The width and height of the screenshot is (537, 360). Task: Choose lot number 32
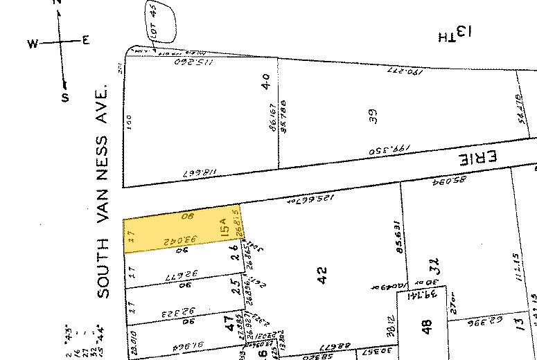pyautogui.click(x=435, y=266)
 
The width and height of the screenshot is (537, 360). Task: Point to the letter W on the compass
pyautogui.click(x=32, y=44)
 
